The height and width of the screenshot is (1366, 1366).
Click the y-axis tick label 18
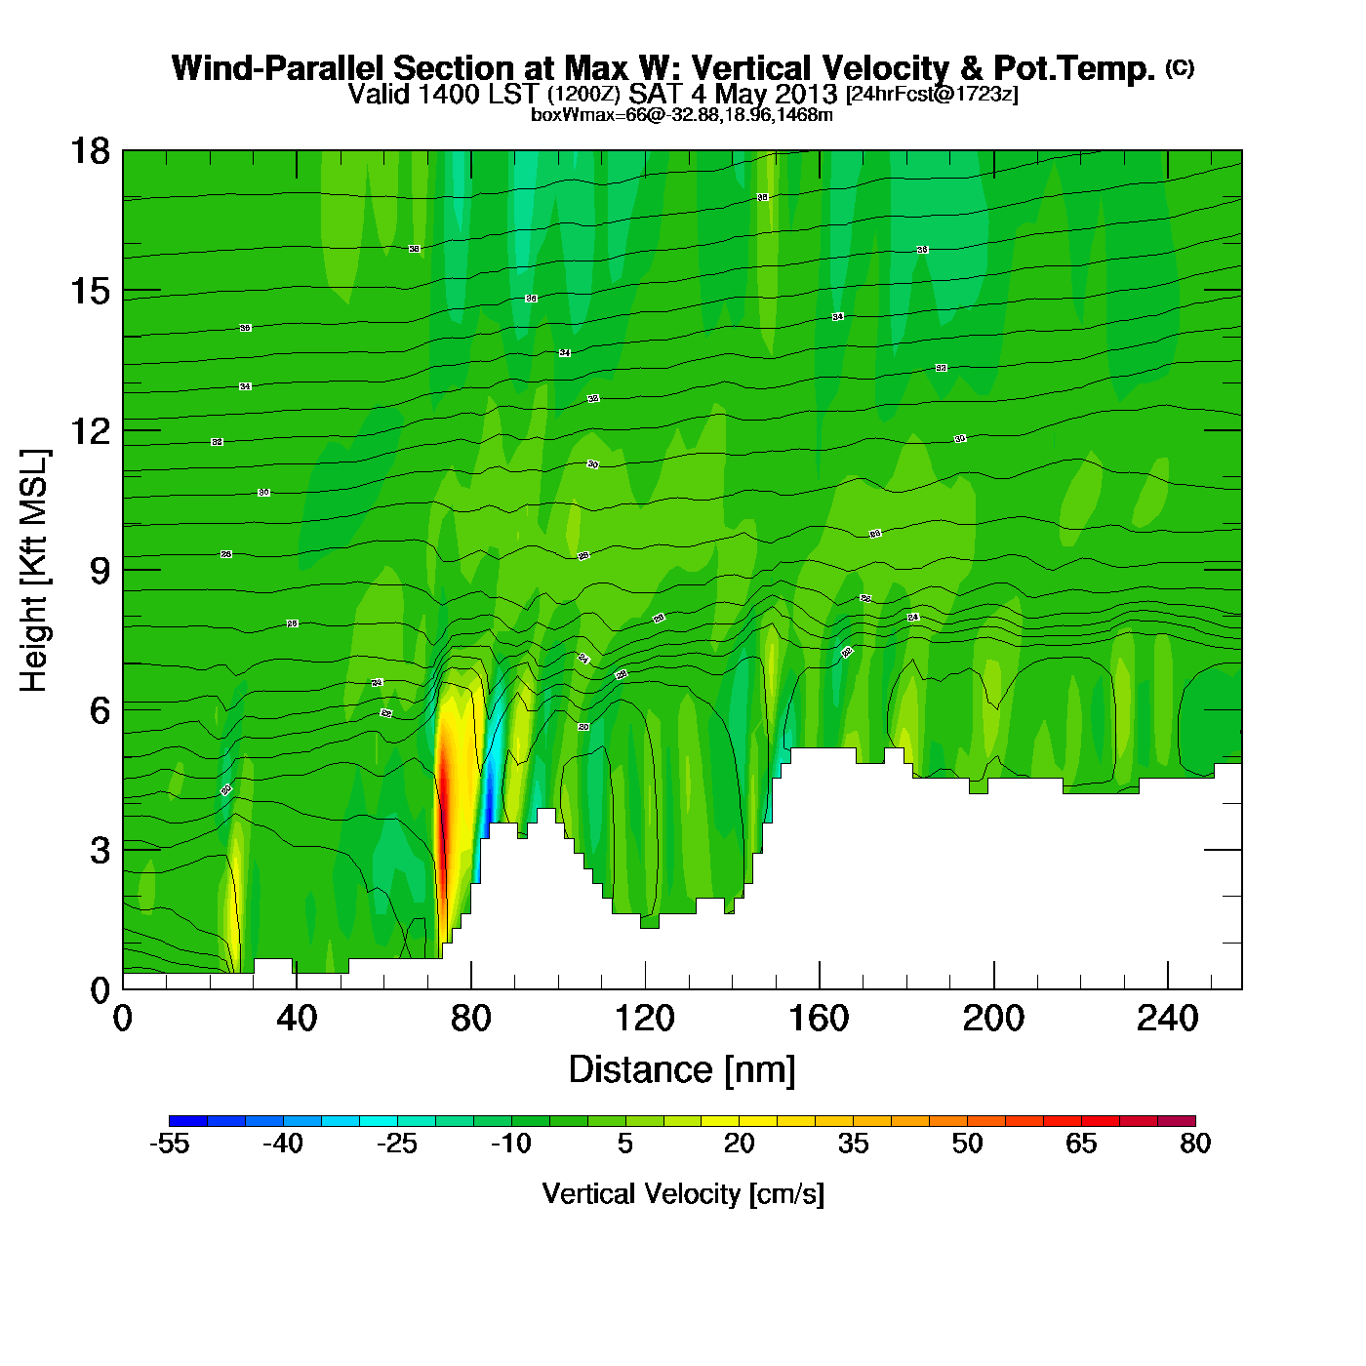point(89,151)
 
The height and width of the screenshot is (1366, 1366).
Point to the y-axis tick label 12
point(89,430)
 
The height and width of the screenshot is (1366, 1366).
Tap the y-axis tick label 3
point(100,850)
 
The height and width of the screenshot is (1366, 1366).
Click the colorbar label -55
point(169,1144)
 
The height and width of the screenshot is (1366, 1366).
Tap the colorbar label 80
point(1194,1144)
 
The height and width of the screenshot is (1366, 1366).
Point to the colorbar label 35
point(853,1144)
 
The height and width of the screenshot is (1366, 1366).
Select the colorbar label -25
point(397,1144)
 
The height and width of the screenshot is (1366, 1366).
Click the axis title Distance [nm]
point(682,1070)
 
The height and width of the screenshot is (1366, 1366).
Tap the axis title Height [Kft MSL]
point(34,571)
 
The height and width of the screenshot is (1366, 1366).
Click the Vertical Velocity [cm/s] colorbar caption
point(683,1193)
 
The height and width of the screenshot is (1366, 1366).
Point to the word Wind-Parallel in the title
point(279,68)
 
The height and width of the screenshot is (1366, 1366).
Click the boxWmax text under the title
point(681,115)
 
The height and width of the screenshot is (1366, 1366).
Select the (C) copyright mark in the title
point(1180,67)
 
